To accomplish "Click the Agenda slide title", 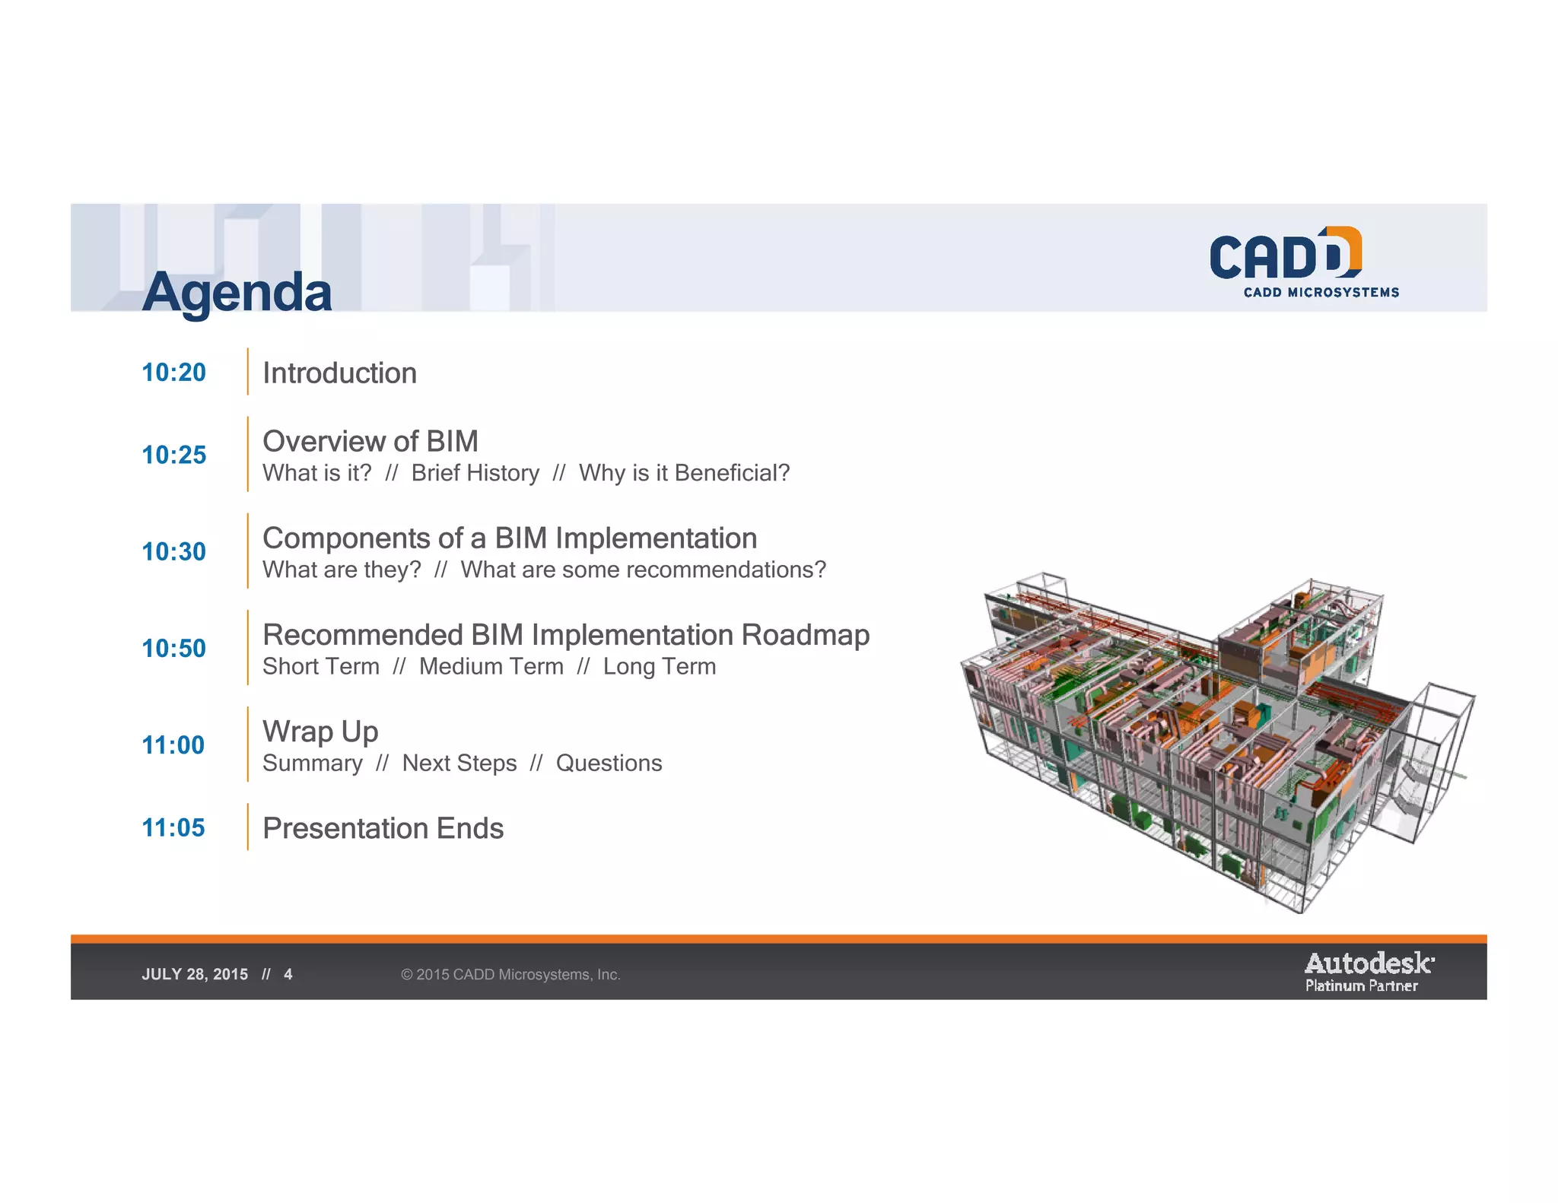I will pyautogui.click(x=237, y=292).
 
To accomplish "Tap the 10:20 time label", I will pyautogui.click(x=173, y=373).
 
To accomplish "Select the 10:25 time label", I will pyautogui.click(x=173, y=455).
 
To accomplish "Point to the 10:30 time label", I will pyautogui.click(x=173, y=551).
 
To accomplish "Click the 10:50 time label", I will pyautogui.click(x=173, y=648).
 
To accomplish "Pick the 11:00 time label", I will pyautogui.click(x=173, y=744).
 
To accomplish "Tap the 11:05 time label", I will pyautogui.click(x=173, y=827).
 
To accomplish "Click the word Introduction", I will pyautogui.click(x=339, y=373).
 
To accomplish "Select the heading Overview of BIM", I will pyautogui.click(x=370, y=441).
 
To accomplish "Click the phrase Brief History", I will pyautogui.click(x=475, y=473).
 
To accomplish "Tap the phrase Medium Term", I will pyautogui.click(x=491, y=667).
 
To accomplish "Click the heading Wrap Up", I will pyautogui.click(x=320, y=732).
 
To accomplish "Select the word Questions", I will pyautogui.click(x=609, y=763).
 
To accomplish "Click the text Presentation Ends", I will pyautogui.click(x=383, y=828).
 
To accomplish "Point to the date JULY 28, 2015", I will pyautogui.click(x=195, y=975).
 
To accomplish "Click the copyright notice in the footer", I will pyautogui.click(x=510, y=975).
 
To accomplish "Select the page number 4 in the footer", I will pyautogui.click(x=288, y=975).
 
